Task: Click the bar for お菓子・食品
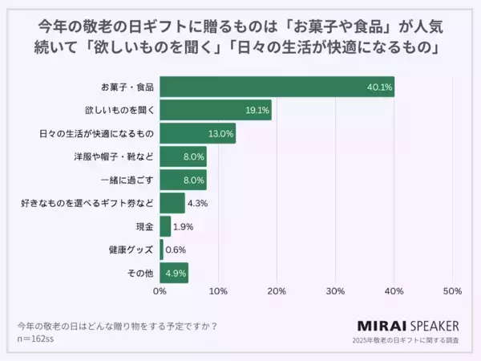coord(277,87)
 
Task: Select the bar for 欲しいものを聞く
coord(216,110)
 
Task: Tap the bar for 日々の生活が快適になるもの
coord(197,133)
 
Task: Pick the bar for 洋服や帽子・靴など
coord(183,156)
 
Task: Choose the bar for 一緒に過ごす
coord(183,180)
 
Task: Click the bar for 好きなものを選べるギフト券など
coord(172,203)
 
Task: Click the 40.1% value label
coord(379,87)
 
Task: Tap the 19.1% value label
coord(257,110)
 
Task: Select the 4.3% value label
coord(197,203)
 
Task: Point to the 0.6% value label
coord(176,249)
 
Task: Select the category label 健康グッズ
coord(133,249)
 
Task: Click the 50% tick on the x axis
coord(451,290)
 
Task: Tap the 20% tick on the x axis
coord(277,290)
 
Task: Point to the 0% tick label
coord(160,290)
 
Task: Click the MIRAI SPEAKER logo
coord(406,326)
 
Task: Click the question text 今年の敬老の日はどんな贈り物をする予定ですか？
coord(118,326)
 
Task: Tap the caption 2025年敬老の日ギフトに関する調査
coord(406,341)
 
